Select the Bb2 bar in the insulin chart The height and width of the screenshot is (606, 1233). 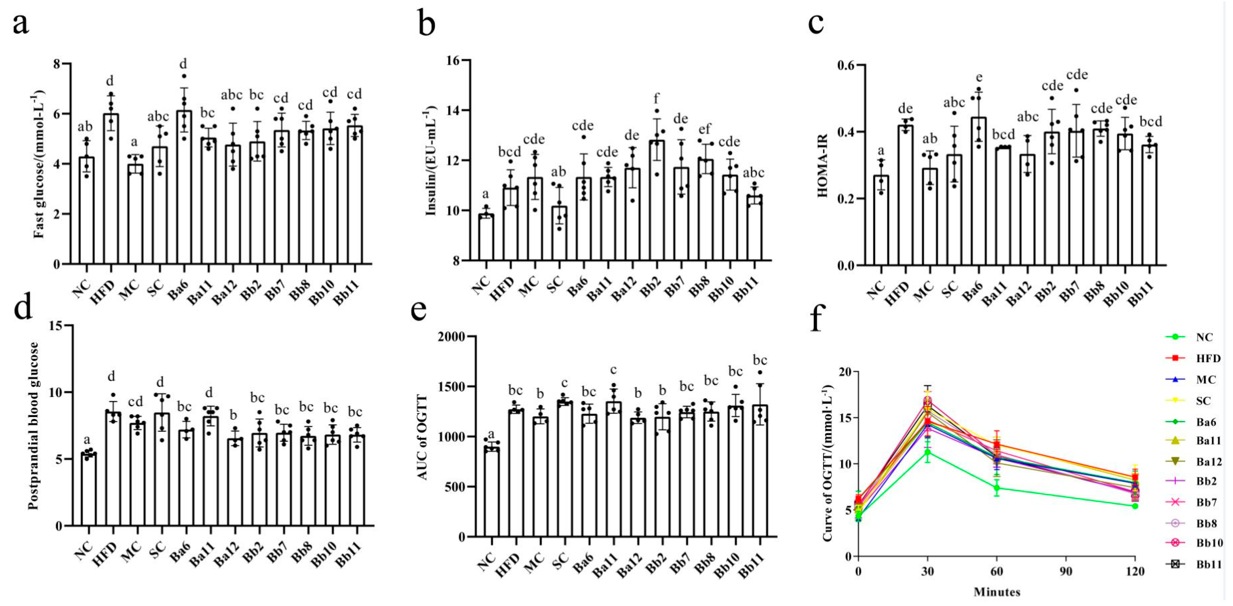[x=657, y=201]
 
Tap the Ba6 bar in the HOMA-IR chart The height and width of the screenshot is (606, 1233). [x=979, y=191]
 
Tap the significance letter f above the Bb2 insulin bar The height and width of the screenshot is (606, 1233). [x=656, y=99]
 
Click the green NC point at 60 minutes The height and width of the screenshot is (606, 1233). [x=997, y=488]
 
